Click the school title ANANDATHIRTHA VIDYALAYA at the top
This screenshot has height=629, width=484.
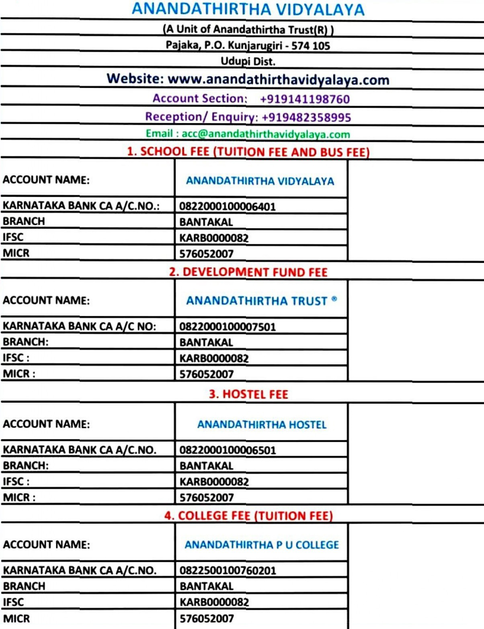[x=248, y=9]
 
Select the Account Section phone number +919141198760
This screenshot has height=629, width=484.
[x=305, y=99]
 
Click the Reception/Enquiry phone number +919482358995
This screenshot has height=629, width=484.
[x=306, y=117]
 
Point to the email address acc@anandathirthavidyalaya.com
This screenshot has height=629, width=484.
[x=266, y=134]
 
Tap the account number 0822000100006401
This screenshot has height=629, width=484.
[x=228, y=207]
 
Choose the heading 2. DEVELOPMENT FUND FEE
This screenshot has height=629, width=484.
[x=248, y=272]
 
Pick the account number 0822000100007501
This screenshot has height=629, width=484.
[x=228, y=327]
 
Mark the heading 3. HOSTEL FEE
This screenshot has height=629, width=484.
[x=248, y=394]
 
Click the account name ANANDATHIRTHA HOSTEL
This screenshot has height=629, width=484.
[x=262, y=424]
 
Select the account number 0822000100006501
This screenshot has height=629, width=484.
[x=228, y=450]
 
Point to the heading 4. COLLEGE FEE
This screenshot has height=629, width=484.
[x=248, y=516]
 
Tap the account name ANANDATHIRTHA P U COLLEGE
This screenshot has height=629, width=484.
[x=262, y=545]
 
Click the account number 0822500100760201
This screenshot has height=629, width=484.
[x=228, y=570]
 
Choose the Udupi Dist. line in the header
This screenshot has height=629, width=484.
[x=248, y=61]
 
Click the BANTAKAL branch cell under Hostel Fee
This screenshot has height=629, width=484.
[x=206, y=466]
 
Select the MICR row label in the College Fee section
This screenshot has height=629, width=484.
[x=16, y=618]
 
